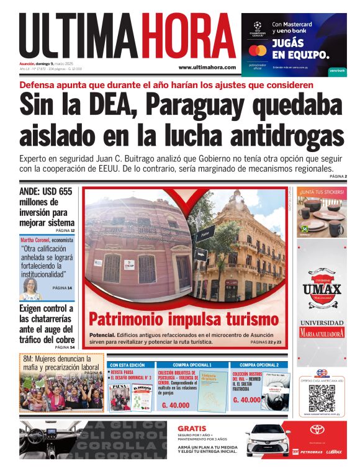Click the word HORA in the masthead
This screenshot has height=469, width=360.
(x=187, y=36)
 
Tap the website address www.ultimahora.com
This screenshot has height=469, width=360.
(x=207, y=67)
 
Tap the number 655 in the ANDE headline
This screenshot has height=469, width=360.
(x=63, y=192)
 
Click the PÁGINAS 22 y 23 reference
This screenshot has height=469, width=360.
(x=266, y=342)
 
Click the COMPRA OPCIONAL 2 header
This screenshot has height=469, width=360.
(x=259, y=365)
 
